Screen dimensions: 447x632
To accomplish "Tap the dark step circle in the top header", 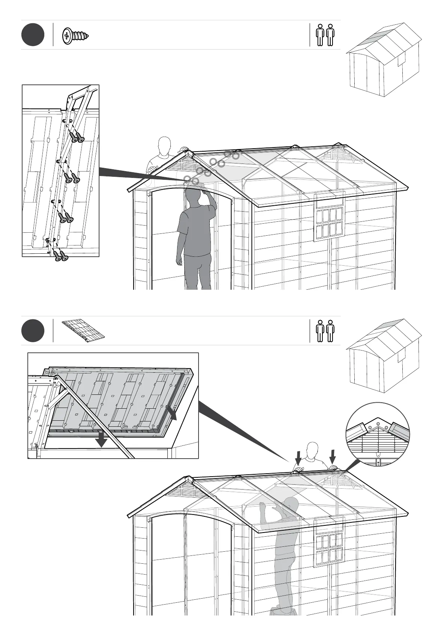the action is (33, 35).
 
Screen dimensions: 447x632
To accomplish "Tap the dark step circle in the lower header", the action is (33, 331).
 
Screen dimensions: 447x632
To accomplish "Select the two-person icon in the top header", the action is (325, 35).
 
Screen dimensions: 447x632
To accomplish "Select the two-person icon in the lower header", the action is (325, 331).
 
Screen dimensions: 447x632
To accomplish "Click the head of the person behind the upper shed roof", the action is (164, 144).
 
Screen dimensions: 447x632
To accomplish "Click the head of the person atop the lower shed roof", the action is (312, 449).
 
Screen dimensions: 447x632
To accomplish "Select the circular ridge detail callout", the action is (377, 434).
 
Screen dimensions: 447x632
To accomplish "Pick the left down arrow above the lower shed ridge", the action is (298, 458).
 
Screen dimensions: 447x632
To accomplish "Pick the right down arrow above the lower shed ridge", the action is (333, 457).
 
